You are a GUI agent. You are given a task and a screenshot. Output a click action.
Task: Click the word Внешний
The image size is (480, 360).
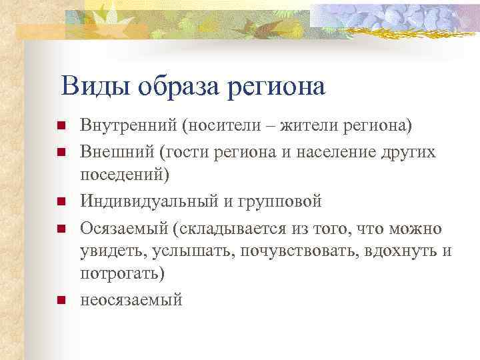117,151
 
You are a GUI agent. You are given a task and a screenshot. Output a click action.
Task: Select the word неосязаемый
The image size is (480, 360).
131,300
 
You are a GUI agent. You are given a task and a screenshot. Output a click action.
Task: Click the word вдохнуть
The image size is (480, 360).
404,251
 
